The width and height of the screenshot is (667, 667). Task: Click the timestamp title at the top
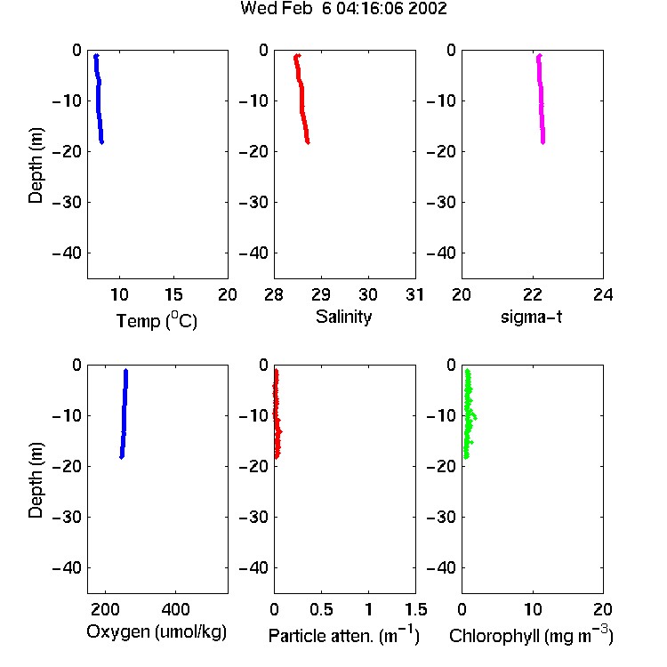pyautogui.click(x=343, y=9)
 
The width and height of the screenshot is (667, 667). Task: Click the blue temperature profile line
pyautogui.click(x=99, y=99)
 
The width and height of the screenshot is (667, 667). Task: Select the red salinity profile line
pyautogui.click(x=301, y=99)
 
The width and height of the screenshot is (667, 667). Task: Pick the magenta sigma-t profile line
pyautogui.click(x=541, y=99)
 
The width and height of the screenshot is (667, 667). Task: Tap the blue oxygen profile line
pyautogui.click(x=125, y=414)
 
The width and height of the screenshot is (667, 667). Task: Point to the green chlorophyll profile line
pyautogui.click(x=468, y=414)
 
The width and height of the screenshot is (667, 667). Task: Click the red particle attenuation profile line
pyautogui.click(x=277, y=414)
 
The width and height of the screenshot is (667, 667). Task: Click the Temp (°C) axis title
pyautogui.click(x=157, y=320)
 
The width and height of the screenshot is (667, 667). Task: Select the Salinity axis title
pyautogui.click(x=343, y=317)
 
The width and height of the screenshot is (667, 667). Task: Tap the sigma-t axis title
pyautogui.click(x=531, y=317)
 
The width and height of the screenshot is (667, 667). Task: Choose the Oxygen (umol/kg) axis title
pyautogui.click(x=157, y=632)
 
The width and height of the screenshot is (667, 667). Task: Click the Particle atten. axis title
pyautogui.click(x=344, y=635)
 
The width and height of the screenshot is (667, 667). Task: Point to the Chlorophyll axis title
pyautogui.click(x=531, y=635)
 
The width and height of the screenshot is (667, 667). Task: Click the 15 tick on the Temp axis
pyautogui.click(x=173, y=294)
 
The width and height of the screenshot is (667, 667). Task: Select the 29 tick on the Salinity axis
pyautogui.click(x=321, y=294)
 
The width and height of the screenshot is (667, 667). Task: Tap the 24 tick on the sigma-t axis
pyautogui.click(x=603, y=294)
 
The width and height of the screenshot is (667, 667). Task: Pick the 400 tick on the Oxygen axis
pyautogui.click(x=176, y=609)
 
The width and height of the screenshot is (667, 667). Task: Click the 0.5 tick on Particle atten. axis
pyautogui.click(x=321, y=609)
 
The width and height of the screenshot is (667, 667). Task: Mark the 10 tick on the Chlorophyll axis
pyautogui.click(x=533, y=609)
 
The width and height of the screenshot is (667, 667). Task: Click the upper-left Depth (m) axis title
pyautogui.click(x=36, y=165)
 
